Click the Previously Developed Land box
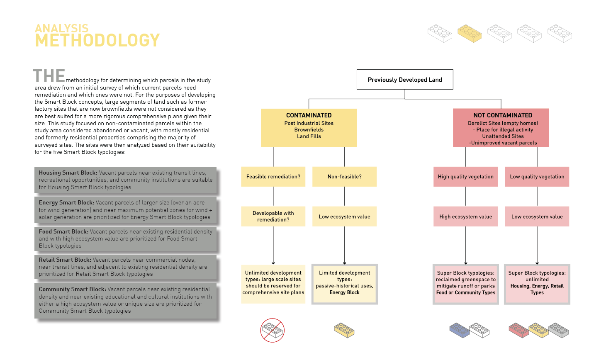click(405, 80)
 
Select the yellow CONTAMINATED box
click(309, 128)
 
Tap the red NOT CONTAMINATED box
click(501, 128)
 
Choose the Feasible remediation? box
click(273, 177)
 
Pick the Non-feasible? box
click(344, 177)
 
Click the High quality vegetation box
click(465, 177)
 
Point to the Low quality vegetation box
click(537, 177)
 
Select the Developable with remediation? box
click(273, 216)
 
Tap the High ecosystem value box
click(465, 216)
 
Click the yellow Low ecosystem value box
click(344, 216)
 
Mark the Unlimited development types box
click(273, 284)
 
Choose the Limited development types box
click(344, 284)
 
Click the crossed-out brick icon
click(272, 330)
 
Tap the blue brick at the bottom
click(459, 330)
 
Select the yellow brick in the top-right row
click(470, 34)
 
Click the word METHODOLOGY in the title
click(97, 41)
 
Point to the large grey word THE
click(49, 76)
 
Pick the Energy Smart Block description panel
click(125, 210)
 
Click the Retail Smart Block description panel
click(125, 267)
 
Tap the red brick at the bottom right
click(518, 330)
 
